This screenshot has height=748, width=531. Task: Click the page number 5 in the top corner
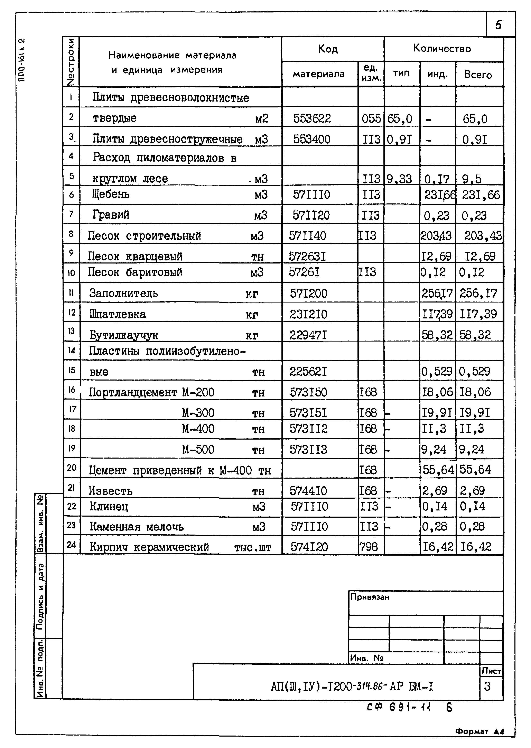pos(498,25)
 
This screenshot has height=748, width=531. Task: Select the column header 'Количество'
pos(442,49)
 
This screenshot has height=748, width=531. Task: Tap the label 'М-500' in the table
pos(198,450)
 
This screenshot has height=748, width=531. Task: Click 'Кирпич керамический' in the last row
pos(149,547)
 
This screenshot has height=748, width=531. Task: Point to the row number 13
pos(71,331)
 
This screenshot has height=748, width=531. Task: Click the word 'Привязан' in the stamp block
pos(370,597)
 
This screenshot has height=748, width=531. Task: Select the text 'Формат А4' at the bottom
pos(479,732)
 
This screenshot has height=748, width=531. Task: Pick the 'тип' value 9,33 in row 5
pos(399,179)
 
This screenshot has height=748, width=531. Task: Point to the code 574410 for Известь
pos(308,491)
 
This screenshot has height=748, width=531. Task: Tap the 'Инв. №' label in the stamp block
pos(366,658)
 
